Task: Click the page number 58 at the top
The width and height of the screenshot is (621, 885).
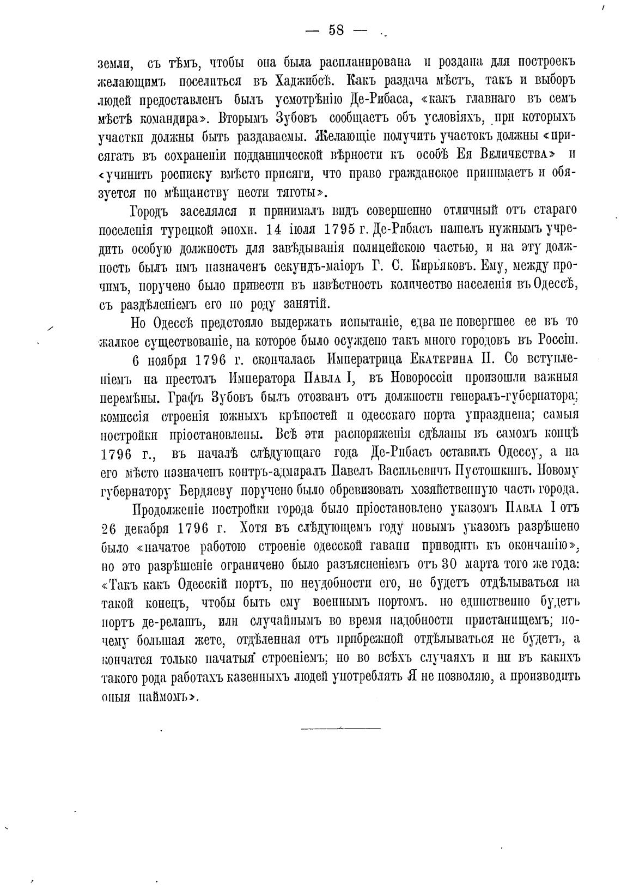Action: click(x=336, y=31)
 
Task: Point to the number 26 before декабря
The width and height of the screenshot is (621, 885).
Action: click(x=112, y=528)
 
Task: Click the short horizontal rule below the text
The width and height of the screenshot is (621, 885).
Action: click(x=340, y=728)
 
